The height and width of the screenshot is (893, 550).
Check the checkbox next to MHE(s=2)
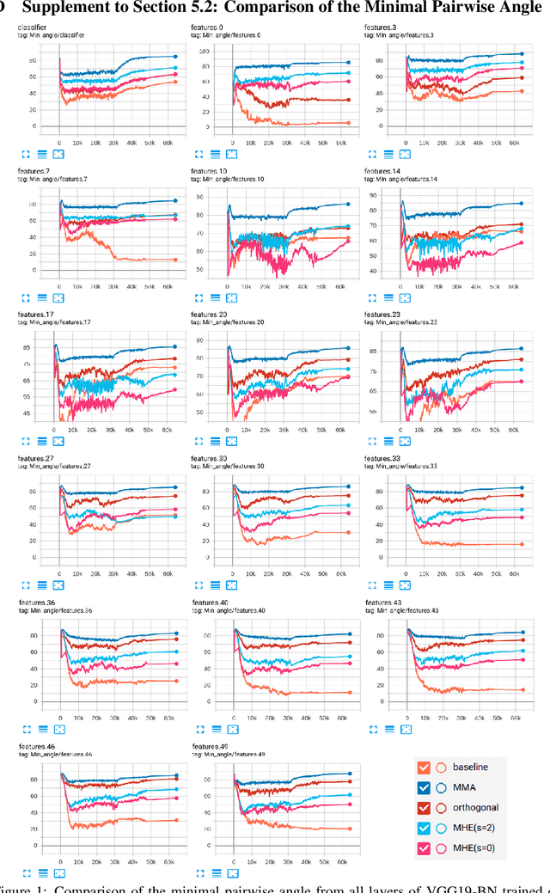coord(423,829)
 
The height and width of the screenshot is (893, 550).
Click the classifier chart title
coord(32,29)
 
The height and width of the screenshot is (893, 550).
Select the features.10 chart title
coord(211,171)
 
